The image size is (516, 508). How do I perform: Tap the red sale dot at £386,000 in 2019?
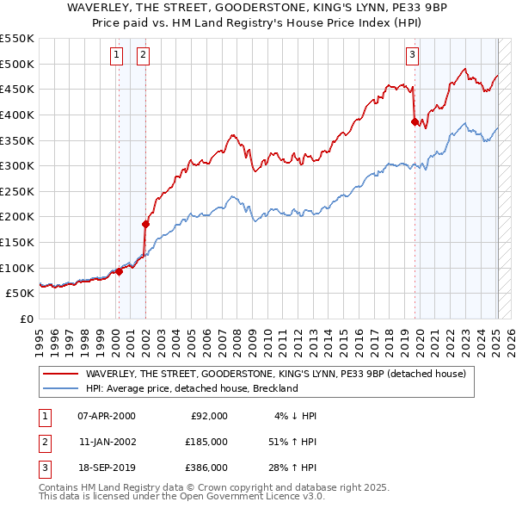tap(414, 121)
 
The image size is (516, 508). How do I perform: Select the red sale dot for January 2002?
tap(145, 224)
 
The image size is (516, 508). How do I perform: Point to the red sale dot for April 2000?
tap(119, 271)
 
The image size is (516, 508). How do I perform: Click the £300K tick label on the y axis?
tap(17, 165)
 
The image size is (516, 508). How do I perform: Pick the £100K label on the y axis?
tap(17, 268)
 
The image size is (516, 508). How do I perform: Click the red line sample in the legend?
tap(61, 374)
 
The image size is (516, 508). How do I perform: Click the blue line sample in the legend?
tap(61, 388)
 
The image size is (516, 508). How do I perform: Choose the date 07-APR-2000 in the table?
tap(106, 416)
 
